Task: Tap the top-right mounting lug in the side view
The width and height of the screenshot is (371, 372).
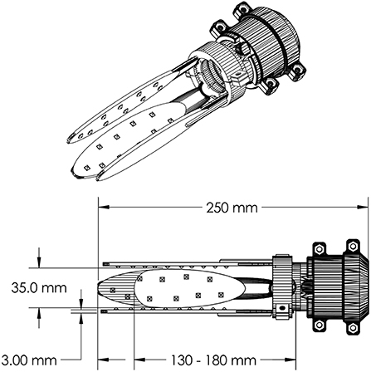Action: [353, 247]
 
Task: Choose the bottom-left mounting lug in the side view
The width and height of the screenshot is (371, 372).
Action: [318, 325]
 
